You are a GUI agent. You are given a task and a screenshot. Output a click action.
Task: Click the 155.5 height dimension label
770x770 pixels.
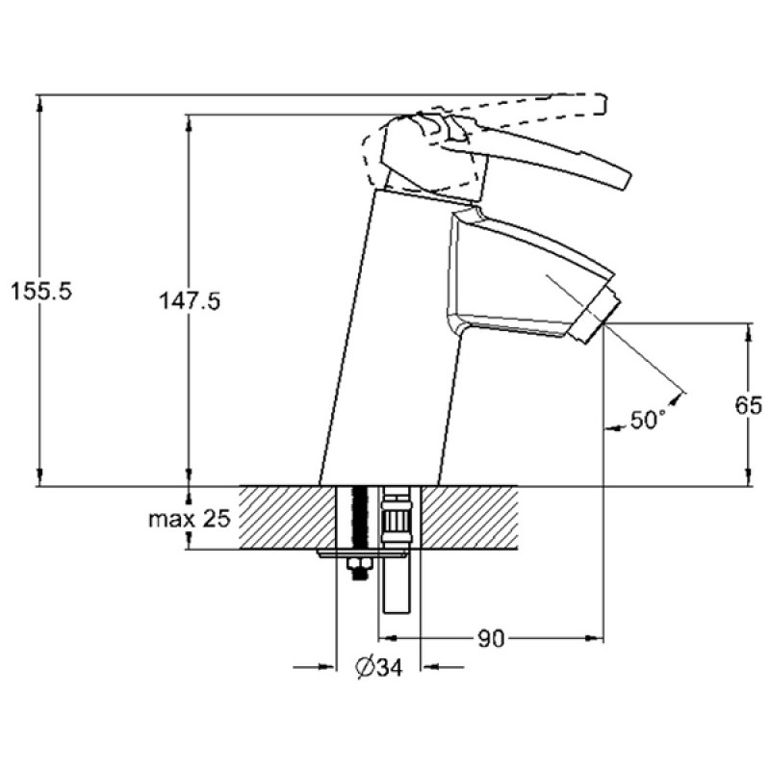click(39, 290)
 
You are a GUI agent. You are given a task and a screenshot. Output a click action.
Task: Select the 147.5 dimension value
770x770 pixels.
click(189, 301)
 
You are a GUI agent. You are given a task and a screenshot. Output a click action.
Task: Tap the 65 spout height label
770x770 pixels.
click(748, 406)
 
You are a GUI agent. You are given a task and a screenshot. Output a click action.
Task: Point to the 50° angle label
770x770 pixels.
click(648, 420)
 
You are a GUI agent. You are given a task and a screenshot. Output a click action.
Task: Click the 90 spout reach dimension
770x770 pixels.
click(491, 637)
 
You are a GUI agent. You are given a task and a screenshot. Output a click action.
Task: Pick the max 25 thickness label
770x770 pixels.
click(189, 520)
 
